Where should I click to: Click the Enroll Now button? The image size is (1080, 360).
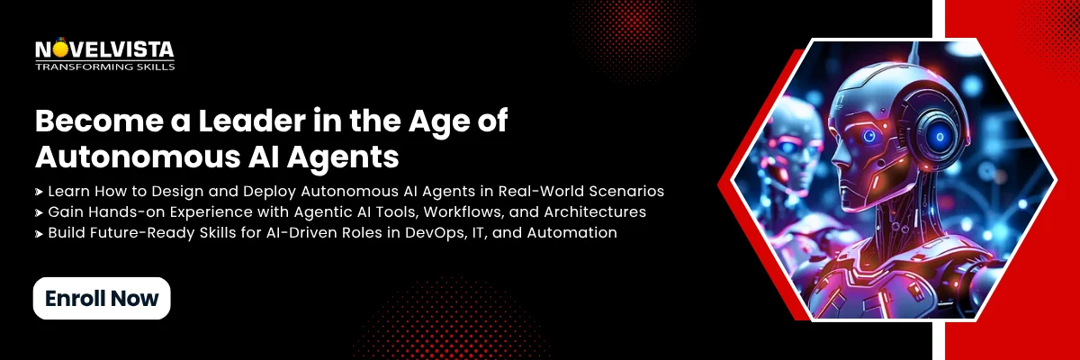pyautogui.click(x=102, y=298)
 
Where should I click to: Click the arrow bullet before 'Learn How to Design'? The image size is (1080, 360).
pyautogui.click(x=40, y=193)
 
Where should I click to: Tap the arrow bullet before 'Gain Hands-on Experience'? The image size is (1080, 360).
pyautogui.click(x=40, y=213)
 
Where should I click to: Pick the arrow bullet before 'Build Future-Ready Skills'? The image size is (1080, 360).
pyautogui.click(x=40, y=234)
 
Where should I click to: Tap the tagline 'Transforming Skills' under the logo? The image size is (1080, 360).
pyautogui.click(x=104, y=66)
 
